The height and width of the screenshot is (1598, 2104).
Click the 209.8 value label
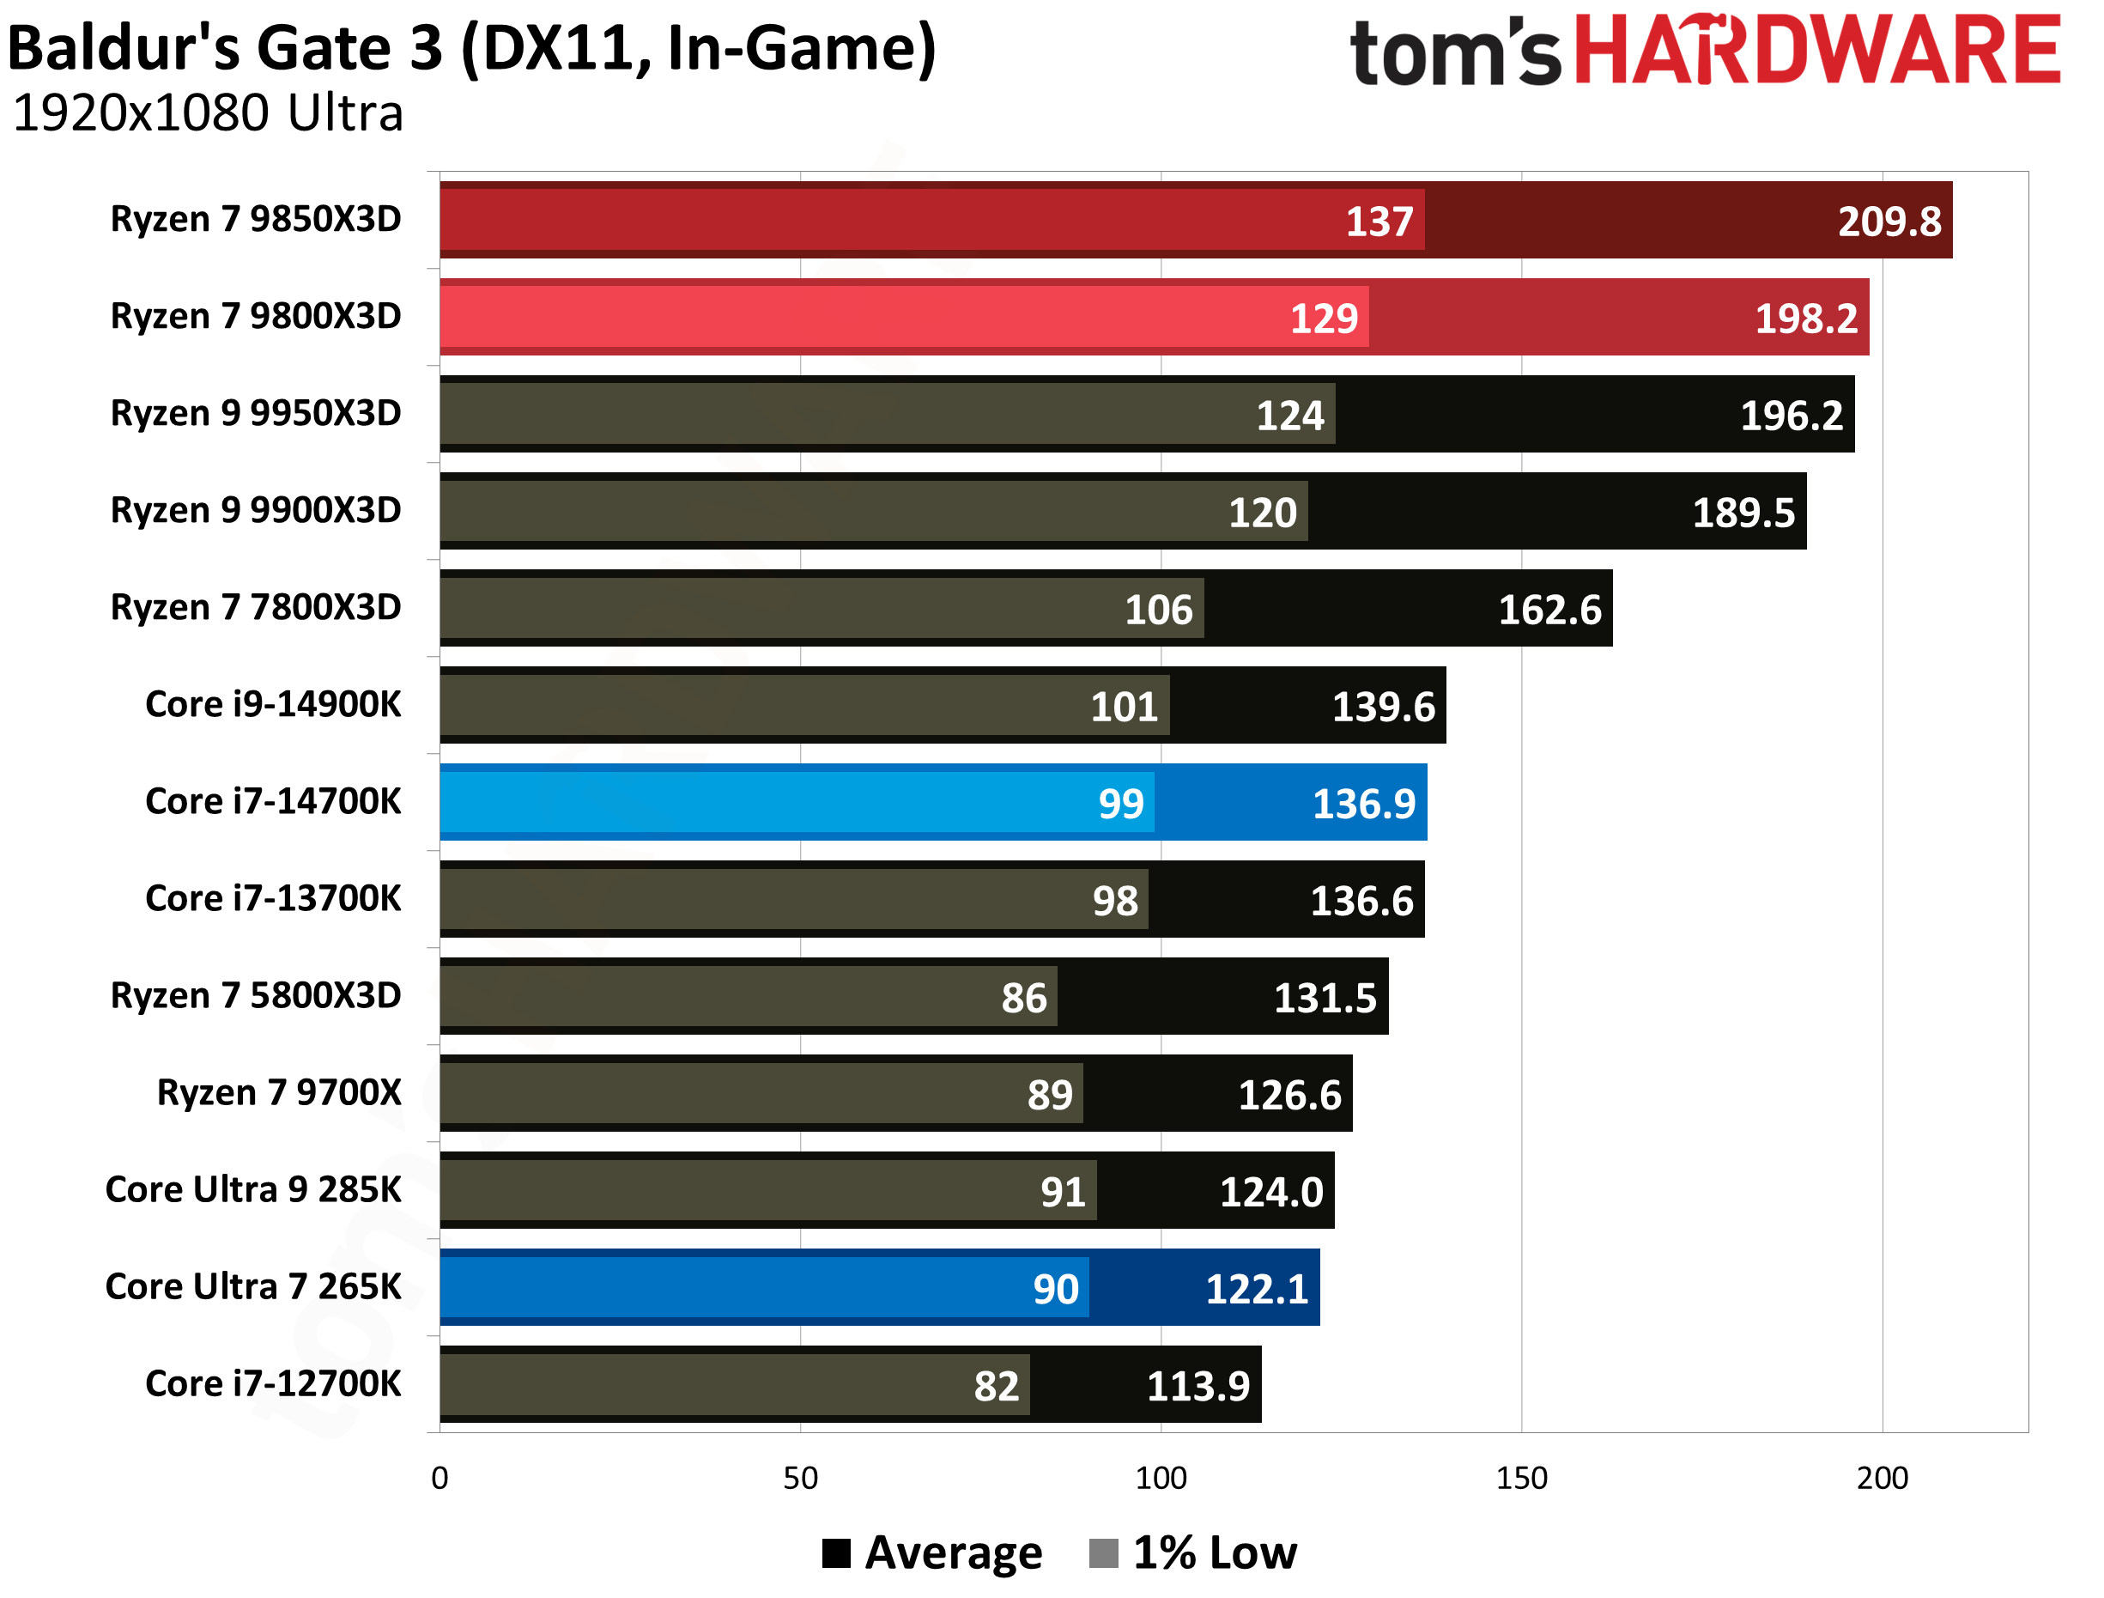(1889, 222)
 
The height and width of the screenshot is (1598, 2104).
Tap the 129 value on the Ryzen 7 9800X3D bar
(1323, 319)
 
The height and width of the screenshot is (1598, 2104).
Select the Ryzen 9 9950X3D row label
(256, 413)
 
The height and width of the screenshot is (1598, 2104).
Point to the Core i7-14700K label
(273, 801)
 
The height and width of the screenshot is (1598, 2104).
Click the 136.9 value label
(1363, 804)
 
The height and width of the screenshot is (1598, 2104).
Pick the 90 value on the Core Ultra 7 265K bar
(1056, 1289)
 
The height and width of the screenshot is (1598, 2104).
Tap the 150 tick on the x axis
(1521, 1478)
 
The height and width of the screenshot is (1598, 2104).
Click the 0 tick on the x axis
(440, 1478)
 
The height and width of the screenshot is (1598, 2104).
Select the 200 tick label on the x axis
(1882, 1478)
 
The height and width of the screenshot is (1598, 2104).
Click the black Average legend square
(836, 1553)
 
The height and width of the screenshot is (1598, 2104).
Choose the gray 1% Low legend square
(1103, 1553)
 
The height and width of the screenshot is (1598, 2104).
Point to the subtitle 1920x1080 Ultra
(209, 113)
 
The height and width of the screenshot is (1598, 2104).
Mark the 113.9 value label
(1198, 1386)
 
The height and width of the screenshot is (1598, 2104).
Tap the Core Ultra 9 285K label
(253, 1189)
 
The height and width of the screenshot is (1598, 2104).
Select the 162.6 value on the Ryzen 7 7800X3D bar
(1549, 610)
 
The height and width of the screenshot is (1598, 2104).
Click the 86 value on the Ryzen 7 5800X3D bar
(1023, 998)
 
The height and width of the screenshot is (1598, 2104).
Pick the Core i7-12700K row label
(273, 1383)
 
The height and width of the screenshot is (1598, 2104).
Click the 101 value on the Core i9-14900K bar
(1124, 707)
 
